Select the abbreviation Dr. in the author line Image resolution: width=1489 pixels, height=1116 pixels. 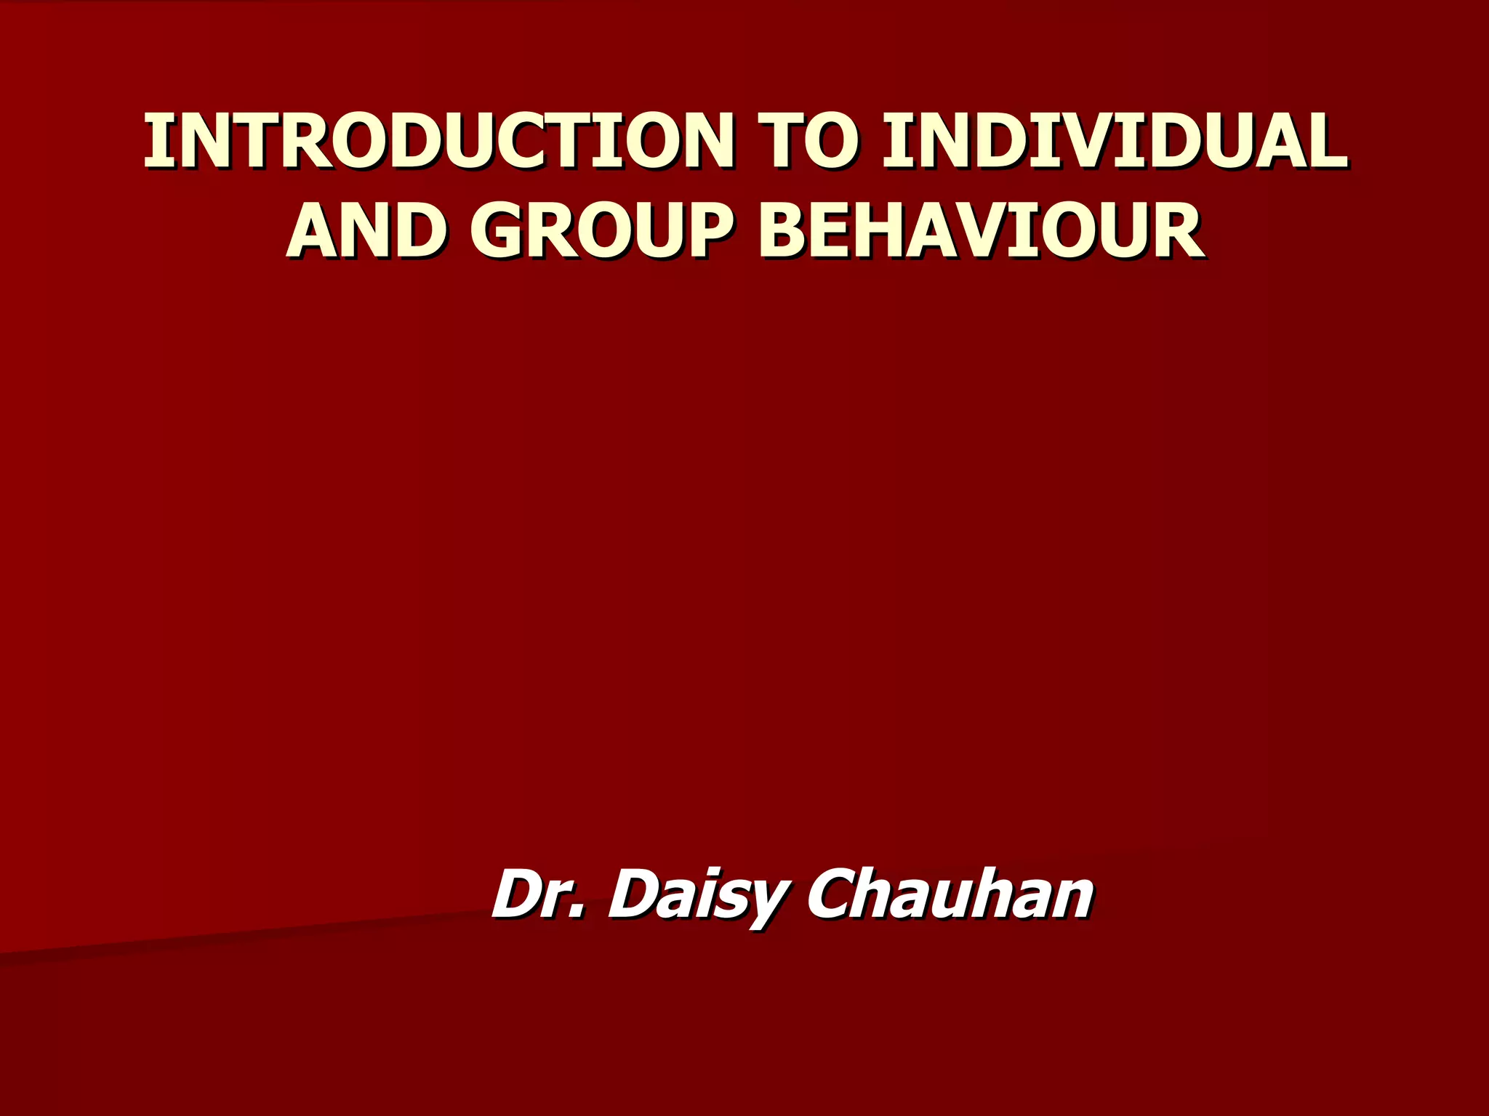[x=538, y=894]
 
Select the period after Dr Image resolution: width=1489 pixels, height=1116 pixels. [x=578, y=913]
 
